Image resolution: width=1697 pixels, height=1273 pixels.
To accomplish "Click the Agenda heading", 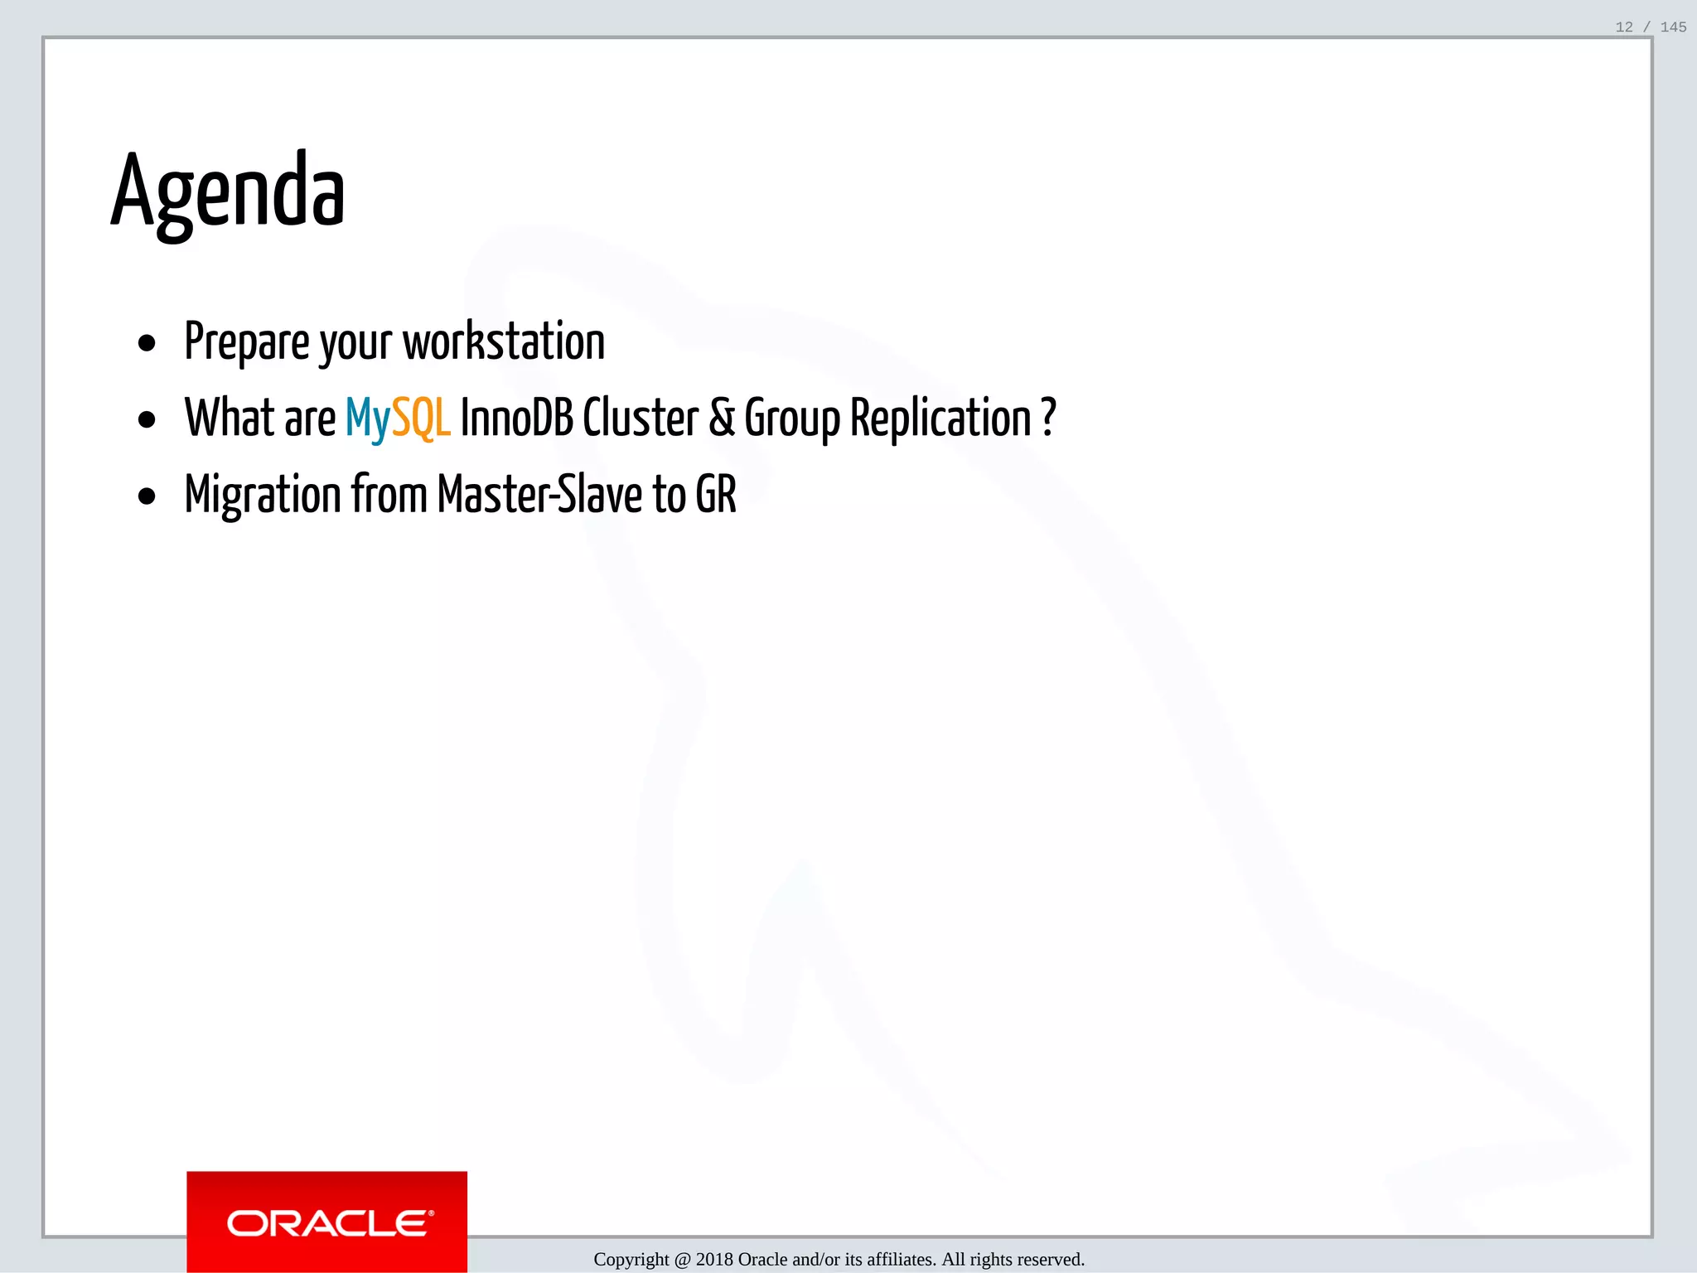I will (x=228, y=192).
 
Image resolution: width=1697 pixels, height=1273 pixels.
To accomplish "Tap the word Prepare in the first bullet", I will (x=247, y=341).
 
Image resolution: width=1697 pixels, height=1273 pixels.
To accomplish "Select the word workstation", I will (x=504, y=341).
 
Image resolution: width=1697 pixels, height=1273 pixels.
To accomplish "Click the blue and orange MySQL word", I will (x=398, y=418).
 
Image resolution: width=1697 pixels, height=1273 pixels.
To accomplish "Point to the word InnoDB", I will (x=516, y=418).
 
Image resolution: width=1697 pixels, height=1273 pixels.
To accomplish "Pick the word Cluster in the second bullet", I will (x=641, y=418).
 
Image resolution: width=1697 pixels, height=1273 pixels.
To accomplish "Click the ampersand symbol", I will (x=722, y=418).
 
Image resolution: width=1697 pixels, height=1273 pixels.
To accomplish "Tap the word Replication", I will (x=940, y=418).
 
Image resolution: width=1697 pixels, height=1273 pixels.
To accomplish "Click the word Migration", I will (x=263, y=495).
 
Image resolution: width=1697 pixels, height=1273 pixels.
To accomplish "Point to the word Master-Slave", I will (x=539, y=495).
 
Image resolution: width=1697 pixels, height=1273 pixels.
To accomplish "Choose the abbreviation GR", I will (x=716, y=495).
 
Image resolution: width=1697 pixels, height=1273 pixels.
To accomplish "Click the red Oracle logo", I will (x=327, y=1222).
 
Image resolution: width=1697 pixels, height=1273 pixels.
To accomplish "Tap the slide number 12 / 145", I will (x=1651, y=27).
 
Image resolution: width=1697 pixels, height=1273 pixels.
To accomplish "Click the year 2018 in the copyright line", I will (x=714, y=1260).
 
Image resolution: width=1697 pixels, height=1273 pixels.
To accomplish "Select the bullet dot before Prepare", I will (x=147, y=343).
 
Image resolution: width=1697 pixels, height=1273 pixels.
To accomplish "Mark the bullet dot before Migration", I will (x=147, y=496).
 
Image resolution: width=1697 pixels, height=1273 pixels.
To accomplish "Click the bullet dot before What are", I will (x=147, y=420).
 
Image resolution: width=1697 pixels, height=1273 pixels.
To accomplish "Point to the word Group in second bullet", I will (x=792, y=418).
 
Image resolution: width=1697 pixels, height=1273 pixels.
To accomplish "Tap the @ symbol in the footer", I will (x=682, y=1260).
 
